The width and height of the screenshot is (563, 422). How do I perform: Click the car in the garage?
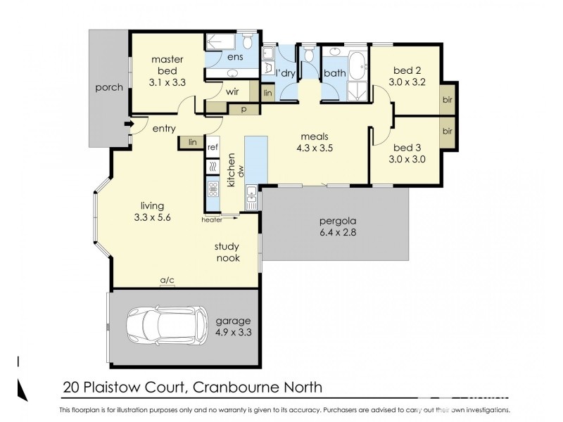[168, 327]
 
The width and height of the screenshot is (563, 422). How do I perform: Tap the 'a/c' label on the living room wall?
[167, 281]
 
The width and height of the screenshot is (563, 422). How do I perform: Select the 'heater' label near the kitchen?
[212, 219]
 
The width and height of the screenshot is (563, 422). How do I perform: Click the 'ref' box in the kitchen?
[213, 147]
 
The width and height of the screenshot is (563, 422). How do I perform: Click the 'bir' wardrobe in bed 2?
[447, 100]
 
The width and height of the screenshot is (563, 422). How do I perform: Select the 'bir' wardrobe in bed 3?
[447, 132]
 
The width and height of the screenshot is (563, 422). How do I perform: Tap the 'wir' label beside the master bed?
[232, 91]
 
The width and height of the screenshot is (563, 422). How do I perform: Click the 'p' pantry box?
[243, 109]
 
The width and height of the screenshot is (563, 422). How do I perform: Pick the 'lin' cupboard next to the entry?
[191, 142]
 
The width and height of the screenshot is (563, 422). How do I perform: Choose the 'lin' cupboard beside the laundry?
[267, 93]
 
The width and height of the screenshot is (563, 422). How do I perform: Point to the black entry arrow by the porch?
[129, 126]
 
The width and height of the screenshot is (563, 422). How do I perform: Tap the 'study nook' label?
[227, 252]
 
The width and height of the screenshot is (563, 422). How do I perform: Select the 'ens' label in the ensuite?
[234, 57]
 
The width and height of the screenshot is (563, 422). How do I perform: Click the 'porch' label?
[109, 88]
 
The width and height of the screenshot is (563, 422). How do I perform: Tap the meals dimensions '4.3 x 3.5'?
[315, 148]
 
